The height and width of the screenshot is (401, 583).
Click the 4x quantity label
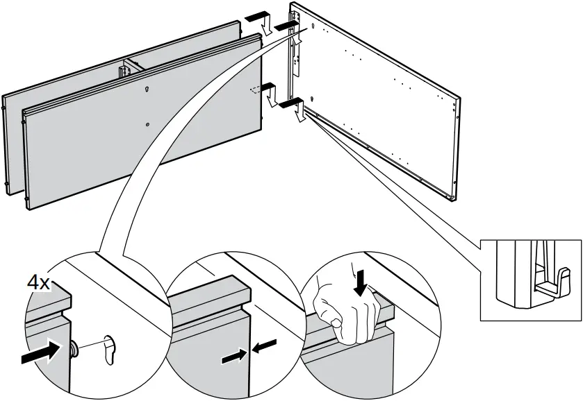pyautogui.click(x=38, y=283)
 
